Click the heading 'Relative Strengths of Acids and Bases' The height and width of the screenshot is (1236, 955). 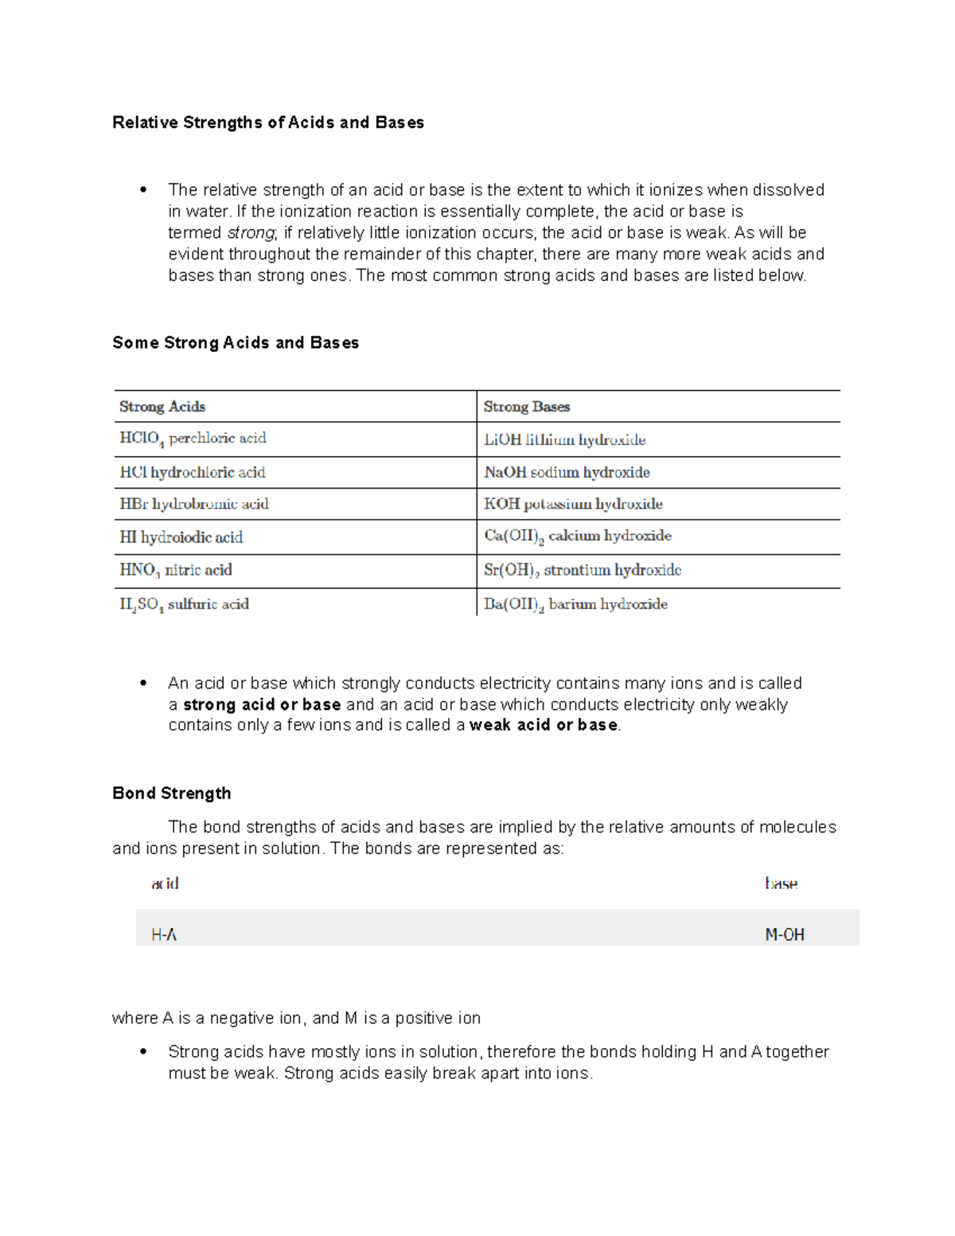point(267,123)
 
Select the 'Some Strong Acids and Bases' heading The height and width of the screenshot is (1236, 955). point(236,343)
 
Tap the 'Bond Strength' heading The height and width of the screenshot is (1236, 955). point(172,793)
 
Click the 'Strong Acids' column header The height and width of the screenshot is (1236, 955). point(162,407)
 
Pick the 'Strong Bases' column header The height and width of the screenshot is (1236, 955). point(527,407)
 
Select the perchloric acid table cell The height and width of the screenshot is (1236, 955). point(193,439)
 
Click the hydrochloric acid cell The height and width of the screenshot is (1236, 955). point(193,472)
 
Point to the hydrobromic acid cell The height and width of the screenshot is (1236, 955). point(194,504)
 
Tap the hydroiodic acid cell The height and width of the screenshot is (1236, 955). point(181,537)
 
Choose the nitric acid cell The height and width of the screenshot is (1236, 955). point(176,570)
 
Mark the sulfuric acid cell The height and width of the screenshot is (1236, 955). point(184,604)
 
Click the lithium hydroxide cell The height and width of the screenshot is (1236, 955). point(564,439)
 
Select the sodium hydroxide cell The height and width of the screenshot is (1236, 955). point(567,472)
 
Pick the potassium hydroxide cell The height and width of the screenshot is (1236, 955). point(573,504)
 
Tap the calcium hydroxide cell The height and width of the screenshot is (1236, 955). point(578,536)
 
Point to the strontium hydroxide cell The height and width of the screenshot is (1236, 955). point(583,570)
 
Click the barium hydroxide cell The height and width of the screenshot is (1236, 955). point(575,604)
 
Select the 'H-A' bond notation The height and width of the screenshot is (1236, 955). point(164,935)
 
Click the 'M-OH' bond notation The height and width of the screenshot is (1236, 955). point(785,935)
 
